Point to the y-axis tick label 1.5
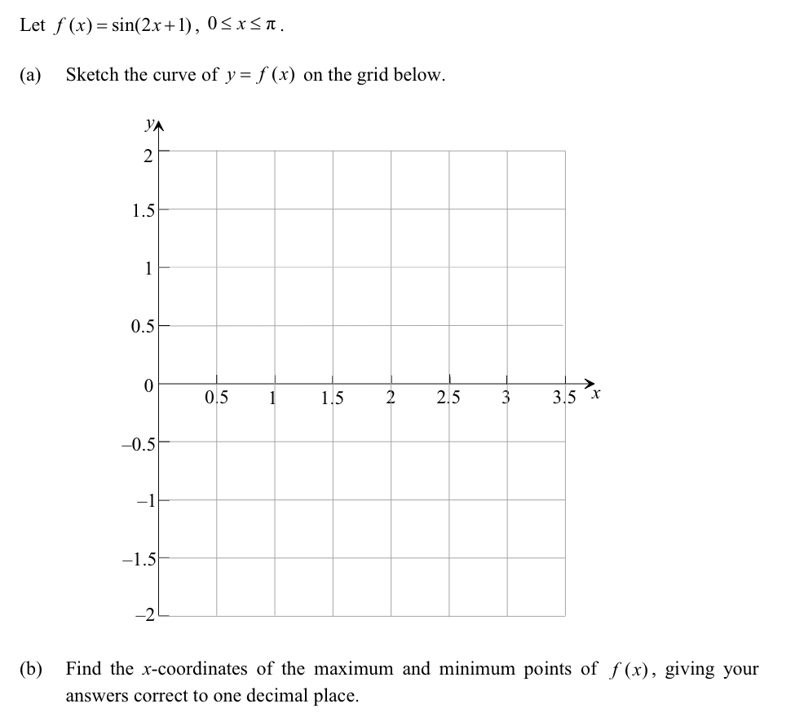tap(142, 212)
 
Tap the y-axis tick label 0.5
tap(142, 328)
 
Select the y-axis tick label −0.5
tap(138, 444)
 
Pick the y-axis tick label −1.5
tap(138, 561)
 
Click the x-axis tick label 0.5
tap(217, 398)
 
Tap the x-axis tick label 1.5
tap(333, 398)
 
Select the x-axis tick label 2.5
tap(448, 398)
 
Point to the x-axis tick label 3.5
tap(564, 398)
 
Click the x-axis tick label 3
tap(506, 398)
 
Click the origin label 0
tap(148, 385)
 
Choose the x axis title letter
tap(595, 395)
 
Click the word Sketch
tap(93, 75)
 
